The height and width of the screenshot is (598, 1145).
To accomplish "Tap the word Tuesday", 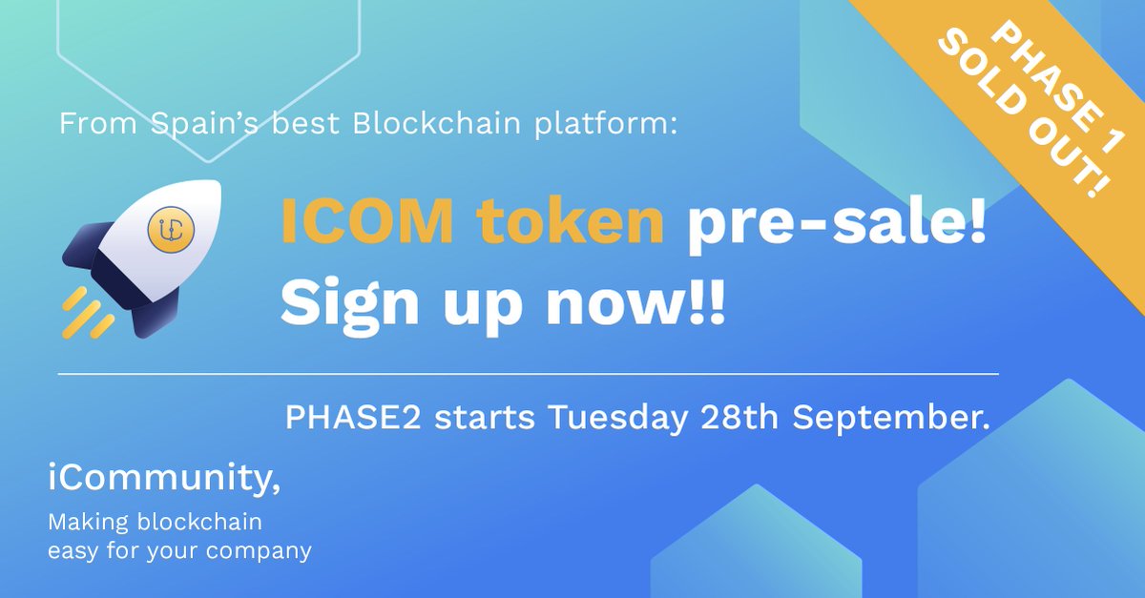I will pyautogui.click(x=611, y=419).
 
